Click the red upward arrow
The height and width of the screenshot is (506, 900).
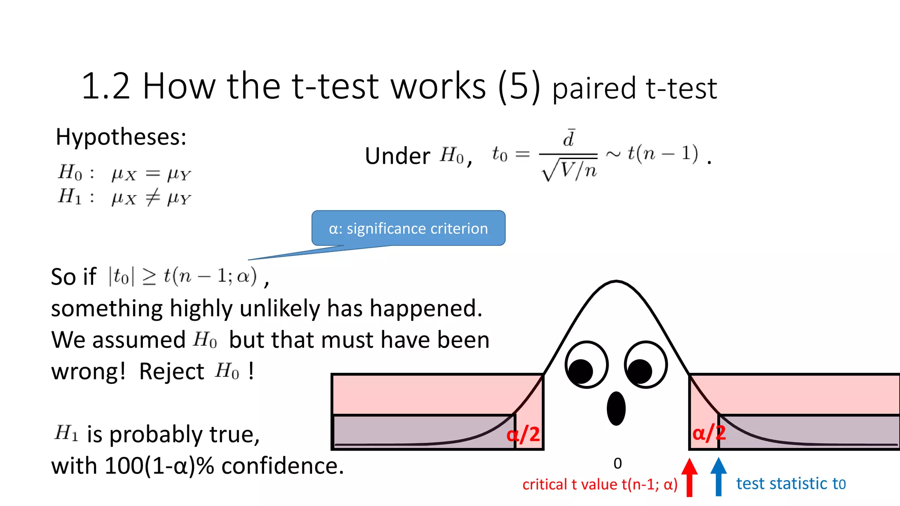click(x=690, y=477)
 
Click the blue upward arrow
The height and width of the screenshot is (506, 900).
click(x=719, y=477)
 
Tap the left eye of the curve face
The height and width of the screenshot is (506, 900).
click(x=587, y=365)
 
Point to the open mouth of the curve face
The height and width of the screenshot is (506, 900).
click(x=616, y=408)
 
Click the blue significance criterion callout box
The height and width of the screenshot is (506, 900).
click(x=408, y=228)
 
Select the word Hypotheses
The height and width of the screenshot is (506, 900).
click(x=121, y=137)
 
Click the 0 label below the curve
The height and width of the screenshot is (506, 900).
click(x=617, y=463)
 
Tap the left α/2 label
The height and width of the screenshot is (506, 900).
click(x=523, y=434)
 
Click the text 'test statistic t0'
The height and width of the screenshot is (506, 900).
click(x=791, y=484)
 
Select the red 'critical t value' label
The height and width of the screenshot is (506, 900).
click(x=600, y=484)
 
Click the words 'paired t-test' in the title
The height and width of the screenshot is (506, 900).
click(x=635, y=88)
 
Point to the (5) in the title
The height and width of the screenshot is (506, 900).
click(x=519, y=86)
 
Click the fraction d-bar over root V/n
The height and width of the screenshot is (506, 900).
click(x=569, y=155)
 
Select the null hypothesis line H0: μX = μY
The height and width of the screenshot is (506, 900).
click(x=124, y=173)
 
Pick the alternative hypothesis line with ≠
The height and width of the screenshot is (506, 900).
click(x=124, y=197)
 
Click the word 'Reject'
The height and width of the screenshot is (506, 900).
click(x=171, y=372)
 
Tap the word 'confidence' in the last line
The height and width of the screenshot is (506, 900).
click(x=282, y=466)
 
